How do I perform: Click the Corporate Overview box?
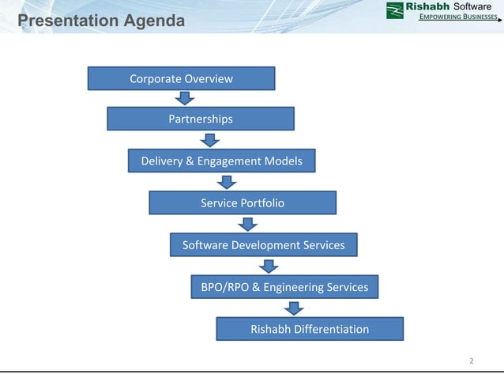coord(181,78)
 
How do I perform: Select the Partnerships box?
coord(201,119)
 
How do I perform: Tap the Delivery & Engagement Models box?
coord(221,161)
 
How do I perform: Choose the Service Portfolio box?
coord(243,203)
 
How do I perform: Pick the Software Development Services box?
coord(263,245)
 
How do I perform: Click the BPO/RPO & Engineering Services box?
coord(284,287)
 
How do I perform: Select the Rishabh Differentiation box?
coord(309,329)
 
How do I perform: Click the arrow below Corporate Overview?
coord(185,98)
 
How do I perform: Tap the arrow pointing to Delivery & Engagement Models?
coord(209,140)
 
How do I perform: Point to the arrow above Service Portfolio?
coord(228,182)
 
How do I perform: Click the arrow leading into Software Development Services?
coord(249,224)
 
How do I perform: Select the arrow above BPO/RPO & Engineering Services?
coord(269,266)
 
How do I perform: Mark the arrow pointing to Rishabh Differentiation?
coord(295,308)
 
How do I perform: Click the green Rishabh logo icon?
coord(395,10)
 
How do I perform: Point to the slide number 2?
coord(471,361)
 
